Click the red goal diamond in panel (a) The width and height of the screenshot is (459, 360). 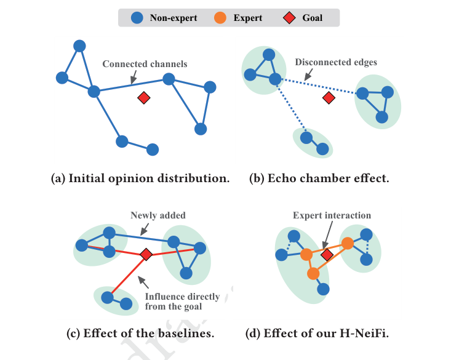pos(144,97)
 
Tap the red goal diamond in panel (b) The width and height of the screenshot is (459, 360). pos(329,97)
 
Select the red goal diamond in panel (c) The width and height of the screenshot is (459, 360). pos(146,254)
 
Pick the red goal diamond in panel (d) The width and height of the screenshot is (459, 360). pos(327,254)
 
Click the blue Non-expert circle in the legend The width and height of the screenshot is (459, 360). pos(138,18)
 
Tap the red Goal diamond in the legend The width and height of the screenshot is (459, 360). pos(288,18)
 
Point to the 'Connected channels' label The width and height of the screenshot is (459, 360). pos(145,64)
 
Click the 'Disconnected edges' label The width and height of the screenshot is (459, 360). pos(336,62)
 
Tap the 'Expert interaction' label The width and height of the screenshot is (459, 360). pos(332,215)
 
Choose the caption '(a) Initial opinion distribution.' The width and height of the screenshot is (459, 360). pos(140,178)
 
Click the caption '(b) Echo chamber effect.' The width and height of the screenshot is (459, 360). pos(319,178)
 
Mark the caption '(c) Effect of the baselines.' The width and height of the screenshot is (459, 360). pos(140,334)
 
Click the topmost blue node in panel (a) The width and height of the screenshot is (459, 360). pos(79,46)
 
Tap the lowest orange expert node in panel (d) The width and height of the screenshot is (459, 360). pos(313,273)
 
